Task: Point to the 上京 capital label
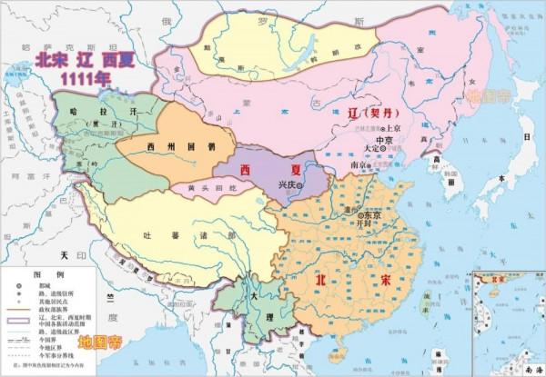pos(408,130)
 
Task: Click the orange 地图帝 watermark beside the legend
pos(100,343)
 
